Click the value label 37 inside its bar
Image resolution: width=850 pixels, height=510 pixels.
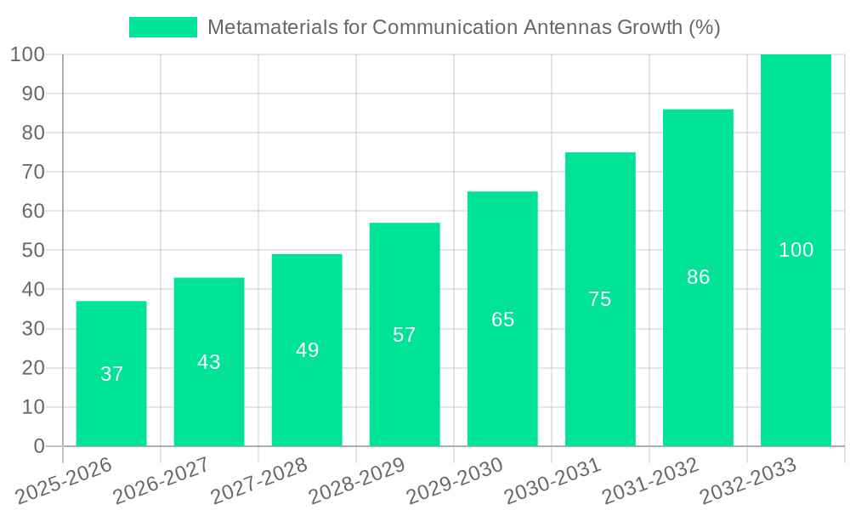111,374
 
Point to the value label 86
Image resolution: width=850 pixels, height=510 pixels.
698,277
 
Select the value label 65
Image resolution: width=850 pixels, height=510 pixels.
502,320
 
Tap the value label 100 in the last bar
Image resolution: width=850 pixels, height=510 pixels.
796,250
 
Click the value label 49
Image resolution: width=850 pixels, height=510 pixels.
307,350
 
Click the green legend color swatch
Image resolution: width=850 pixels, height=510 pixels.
163,27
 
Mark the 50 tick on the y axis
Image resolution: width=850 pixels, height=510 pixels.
33,250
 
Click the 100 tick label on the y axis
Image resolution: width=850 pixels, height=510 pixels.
27,54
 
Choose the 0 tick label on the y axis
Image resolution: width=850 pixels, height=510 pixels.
39,446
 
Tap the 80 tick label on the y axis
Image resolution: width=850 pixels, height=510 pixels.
33,133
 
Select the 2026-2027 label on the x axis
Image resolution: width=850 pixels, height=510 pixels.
161,481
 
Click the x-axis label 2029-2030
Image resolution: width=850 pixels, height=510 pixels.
455,481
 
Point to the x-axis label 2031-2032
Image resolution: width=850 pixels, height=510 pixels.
650,481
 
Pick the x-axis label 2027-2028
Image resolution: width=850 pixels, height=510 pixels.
259,481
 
